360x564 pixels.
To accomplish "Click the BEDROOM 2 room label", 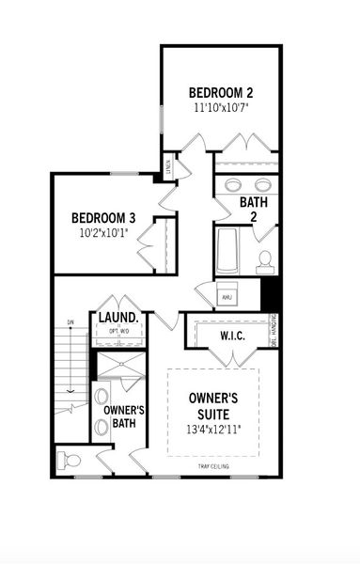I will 221,92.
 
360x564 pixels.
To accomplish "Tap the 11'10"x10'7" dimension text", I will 221,108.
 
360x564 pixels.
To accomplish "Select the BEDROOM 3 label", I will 104,218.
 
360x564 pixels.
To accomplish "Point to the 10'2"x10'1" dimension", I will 104,233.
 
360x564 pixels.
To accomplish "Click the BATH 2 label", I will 253,209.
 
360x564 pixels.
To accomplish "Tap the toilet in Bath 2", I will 266,258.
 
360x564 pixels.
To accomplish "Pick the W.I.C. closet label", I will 233,336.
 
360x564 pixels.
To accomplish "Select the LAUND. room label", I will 119,318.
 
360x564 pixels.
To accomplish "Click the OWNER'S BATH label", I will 123,417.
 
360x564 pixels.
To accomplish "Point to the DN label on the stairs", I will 70,323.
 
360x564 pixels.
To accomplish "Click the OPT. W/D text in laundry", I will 119,331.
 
